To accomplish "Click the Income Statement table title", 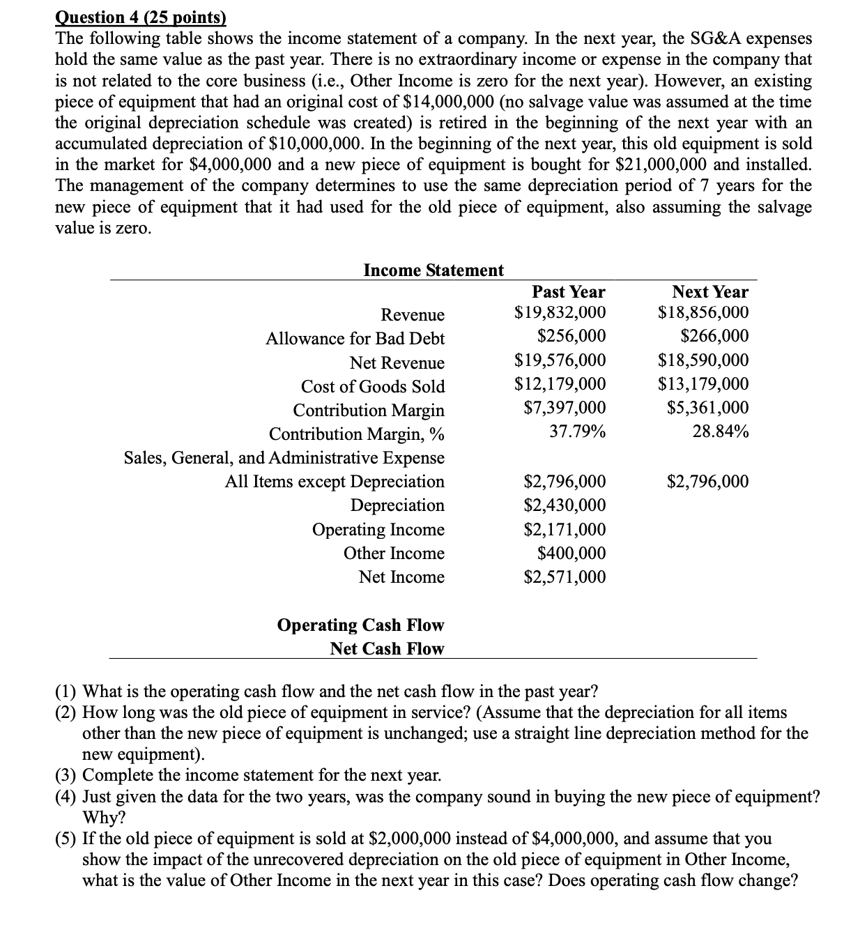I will click(x=433, y=270).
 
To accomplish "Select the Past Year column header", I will click(x=568, y=291).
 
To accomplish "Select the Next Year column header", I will click(x=709, y=291).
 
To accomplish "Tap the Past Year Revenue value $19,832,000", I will click(x=560, y=312).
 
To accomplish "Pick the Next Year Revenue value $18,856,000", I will click(x=703, y=312).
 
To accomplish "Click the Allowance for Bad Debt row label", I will click(x=355, y=339).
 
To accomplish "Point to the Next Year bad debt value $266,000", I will click(x=714, y=336).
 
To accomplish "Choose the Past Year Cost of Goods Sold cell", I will click(x=560, y=383).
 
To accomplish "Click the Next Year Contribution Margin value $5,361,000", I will click(x=707, y=407).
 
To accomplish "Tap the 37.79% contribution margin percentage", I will click(x=577, y=431).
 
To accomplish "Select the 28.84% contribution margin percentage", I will click(x=721, y=431).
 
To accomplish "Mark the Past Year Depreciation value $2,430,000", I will click(x=564, y=505).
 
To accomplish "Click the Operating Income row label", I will click(x=378, y=530).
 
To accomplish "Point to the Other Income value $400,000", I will click(x=571, y=553).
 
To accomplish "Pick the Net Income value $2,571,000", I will click(x=564, y=577).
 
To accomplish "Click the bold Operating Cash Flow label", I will click(x=360, y=625).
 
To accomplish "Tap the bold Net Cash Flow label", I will click(x=387, y=648).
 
